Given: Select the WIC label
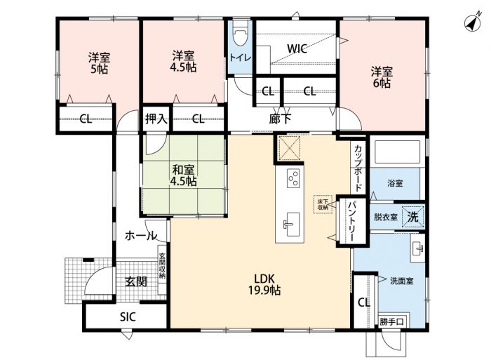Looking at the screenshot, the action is pos(297,48).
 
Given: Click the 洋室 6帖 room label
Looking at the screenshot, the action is pos(382,77).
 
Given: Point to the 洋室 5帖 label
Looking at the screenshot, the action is pos(99,63).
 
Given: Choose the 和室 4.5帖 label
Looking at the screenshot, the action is pos(184,175).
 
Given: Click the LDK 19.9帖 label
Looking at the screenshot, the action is pos(264,284).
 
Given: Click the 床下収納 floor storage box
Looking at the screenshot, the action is pos(323,205).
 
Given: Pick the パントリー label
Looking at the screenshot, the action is pos(351,221).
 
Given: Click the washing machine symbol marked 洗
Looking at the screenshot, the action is pos(413,217).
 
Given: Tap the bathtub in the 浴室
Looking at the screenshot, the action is pos(398,153).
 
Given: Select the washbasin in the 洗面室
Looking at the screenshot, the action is pos(418,248).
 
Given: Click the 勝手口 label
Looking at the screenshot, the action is pos(393,321).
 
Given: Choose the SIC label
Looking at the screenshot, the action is pos(128,316).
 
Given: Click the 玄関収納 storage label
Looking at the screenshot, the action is pos(162,266).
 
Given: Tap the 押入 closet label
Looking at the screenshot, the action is pos(156,119).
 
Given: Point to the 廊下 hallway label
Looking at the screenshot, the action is pos(280,119).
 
